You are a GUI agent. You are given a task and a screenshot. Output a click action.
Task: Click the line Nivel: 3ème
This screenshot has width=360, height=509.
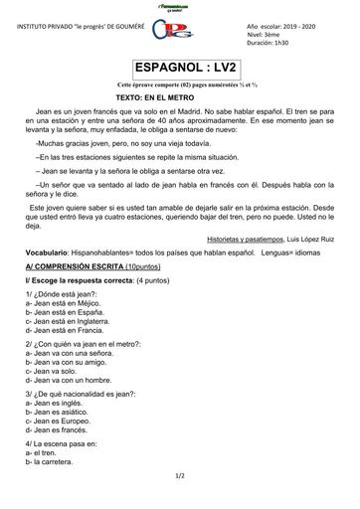click(265, 33)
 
